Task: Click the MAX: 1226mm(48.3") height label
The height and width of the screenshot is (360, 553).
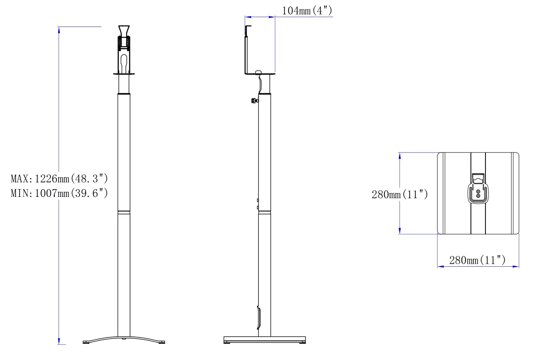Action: [x=59, y=178]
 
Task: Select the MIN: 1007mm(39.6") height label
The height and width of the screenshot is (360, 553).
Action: [x=59, y=193]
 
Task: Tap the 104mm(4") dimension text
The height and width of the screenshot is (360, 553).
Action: [x=307, y=11]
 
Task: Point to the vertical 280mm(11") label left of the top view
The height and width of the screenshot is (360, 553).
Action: [x=399, y=194]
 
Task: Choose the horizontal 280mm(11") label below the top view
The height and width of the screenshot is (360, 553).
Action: [x=477, y=260]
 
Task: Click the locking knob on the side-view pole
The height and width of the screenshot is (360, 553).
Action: [x=255, y=101]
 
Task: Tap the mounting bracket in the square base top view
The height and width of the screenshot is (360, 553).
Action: [x=478, y=188]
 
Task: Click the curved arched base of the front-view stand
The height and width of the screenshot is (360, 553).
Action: [x=124, y=339]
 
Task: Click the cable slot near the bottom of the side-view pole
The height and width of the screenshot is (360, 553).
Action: [x=258, y=317]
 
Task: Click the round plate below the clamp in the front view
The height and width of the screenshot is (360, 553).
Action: [x=124, y=74]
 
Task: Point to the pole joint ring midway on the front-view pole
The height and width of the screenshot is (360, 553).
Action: [x=124, y=211]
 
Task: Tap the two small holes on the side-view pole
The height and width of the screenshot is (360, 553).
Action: [x=257, y=204]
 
